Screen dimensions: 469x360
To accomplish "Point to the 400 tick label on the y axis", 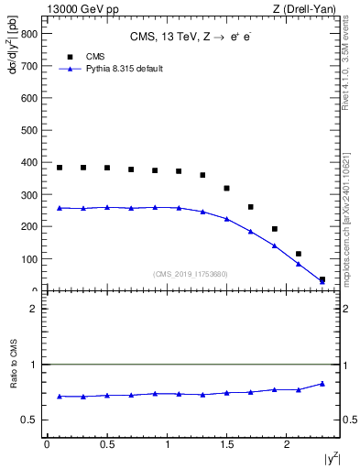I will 30,163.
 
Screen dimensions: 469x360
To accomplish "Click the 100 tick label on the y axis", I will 30,259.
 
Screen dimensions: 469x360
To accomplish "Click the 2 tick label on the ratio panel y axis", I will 35,309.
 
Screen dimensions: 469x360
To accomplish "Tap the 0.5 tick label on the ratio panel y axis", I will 31,420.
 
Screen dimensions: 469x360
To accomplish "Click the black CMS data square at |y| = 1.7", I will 251,207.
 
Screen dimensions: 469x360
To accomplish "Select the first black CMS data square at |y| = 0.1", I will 60,168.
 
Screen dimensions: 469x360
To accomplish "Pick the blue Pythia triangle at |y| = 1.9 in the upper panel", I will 275,245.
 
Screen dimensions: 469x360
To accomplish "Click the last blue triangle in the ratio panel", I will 322,384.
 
